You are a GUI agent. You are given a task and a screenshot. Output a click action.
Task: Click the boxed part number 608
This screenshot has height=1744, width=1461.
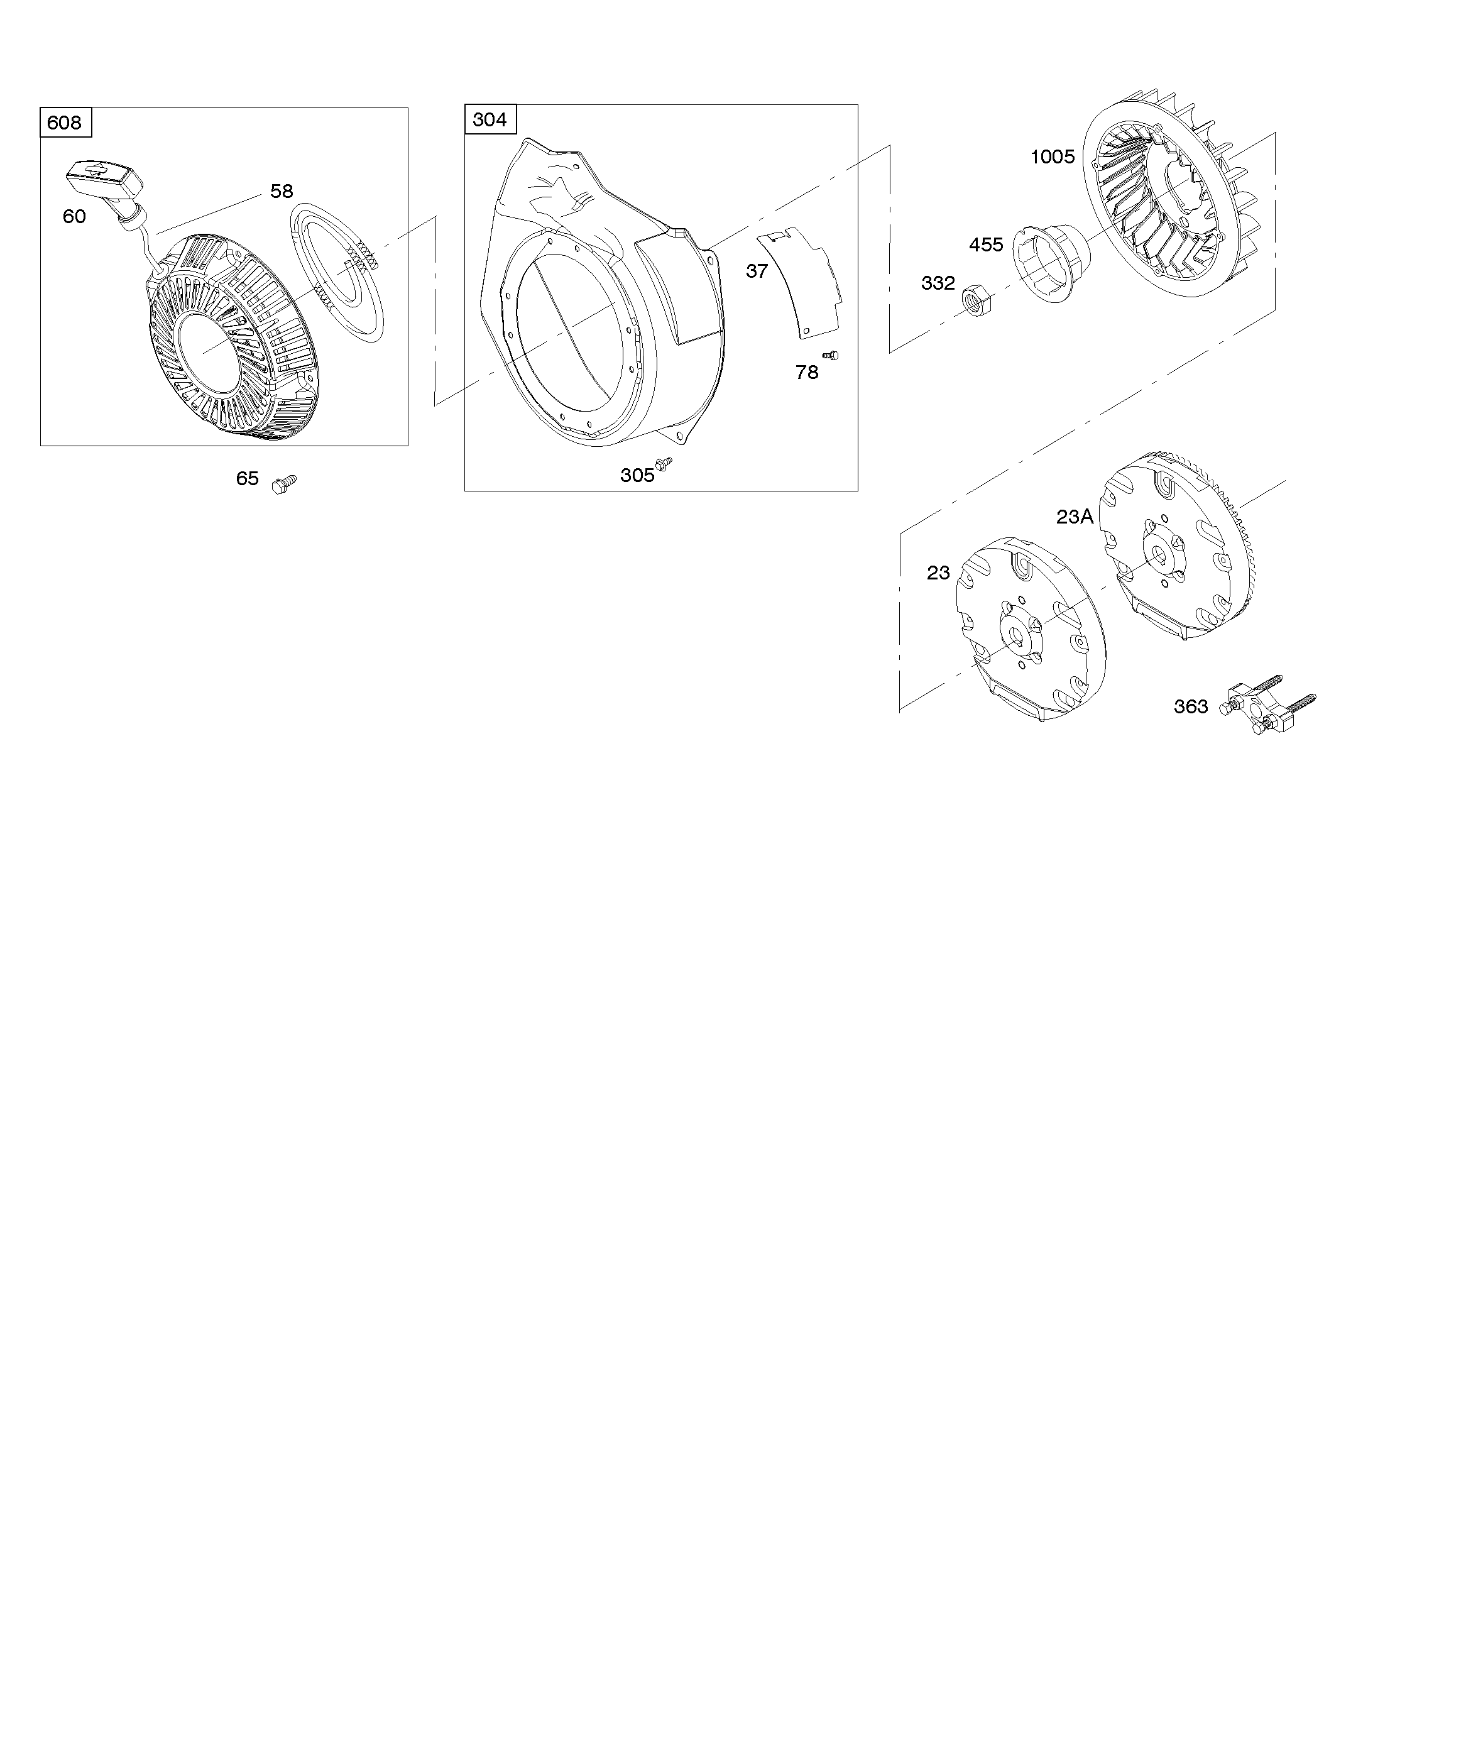coord(65,123)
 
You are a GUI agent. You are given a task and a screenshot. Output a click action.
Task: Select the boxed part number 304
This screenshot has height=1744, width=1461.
coord(490,119)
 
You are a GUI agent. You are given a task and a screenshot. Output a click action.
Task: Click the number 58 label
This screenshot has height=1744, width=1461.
coord(282,191)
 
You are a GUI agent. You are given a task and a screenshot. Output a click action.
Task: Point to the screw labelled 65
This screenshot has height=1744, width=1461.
coord(284,483)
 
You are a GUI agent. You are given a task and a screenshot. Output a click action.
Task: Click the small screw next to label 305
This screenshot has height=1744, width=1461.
coord(664,464)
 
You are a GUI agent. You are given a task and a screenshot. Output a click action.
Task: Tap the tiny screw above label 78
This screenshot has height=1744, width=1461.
coord(829,356)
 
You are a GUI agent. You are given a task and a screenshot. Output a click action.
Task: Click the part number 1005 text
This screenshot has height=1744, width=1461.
coord(1053,157)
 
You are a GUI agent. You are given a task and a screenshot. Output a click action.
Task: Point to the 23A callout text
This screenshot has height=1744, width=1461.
coord(1075,517)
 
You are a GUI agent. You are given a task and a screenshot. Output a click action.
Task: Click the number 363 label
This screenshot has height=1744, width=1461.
coord(1190,707)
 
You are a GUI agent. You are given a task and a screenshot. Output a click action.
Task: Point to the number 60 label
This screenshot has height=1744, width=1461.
coord(74,217)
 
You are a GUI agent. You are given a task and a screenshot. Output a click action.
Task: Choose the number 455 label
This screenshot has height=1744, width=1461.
coord(986,245)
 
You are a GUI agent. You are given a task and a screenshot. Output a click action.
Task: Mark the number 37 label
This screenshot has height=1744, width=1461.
coord(757,271)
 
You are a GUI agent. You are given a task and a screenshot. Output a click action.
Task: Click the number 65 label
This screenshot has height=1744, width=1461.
coord(248,478)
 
